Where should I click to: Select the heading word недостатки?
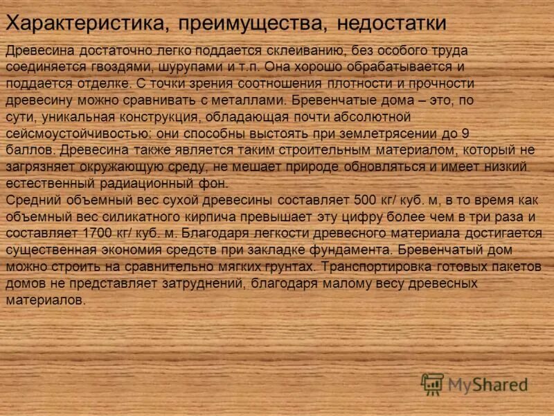tap(391, 24)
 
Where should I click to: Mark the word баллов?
tap(30, 150)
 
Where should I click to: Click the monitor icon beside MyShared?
tap(433, 384)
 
